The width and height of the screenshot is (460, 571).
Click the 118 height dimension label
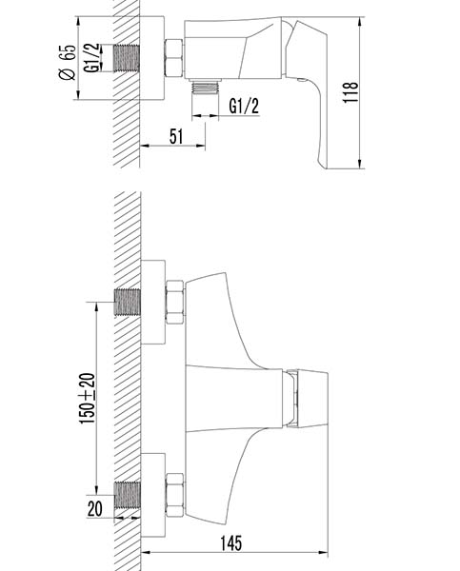click(x=350, y=91)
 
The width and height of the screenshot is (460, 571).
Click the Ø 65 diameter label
click(x=67, y=62)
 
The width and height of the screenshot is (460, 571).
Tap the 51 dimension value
click(x=176, y=136)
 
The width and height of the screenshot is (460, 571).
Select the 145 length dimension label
click(x=231, y=543)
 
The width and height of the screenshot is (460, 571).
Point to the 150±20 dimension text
click(x=88, y=399)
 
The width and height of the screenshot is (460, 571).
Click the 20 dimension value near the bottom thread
click(x=95, y=508)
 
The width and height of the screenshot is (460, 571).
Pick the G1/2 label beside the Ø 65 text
click(x=91, y=58)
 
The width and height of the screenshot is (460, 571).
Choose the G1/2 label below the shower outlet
click(x=244, y=106)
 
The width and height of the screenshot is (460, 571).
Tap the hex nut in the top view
click(x=174, y=58)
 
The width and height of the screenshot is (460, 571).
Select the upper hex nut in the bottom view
click(x=175, y=302)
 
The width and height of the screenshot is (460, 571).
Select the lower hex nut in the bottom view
click(x=174, y=495)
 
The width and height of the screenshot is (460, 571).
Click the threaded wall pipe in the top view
click(x=127, y=58)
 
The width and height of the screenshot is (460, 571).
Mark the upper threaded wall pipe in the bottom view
click(x=128, y=303)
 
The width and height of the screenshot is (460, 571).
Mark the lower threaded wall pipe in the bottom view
click(x=128, y=495)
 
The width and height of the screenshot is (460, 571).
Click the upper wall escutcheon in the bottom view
click(x=153, y=302)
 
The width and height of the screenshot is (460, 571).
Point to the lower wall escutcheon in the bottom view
click(x=153, y=495)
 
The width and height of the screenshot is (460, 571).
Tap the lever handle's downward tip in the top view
click(x=324, y=166)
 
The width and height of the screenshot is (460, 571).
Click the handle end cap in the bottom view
click(x=312, y=399)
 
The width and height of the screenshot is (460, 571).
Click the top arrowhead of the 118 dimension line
click(x=360, y=22)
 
